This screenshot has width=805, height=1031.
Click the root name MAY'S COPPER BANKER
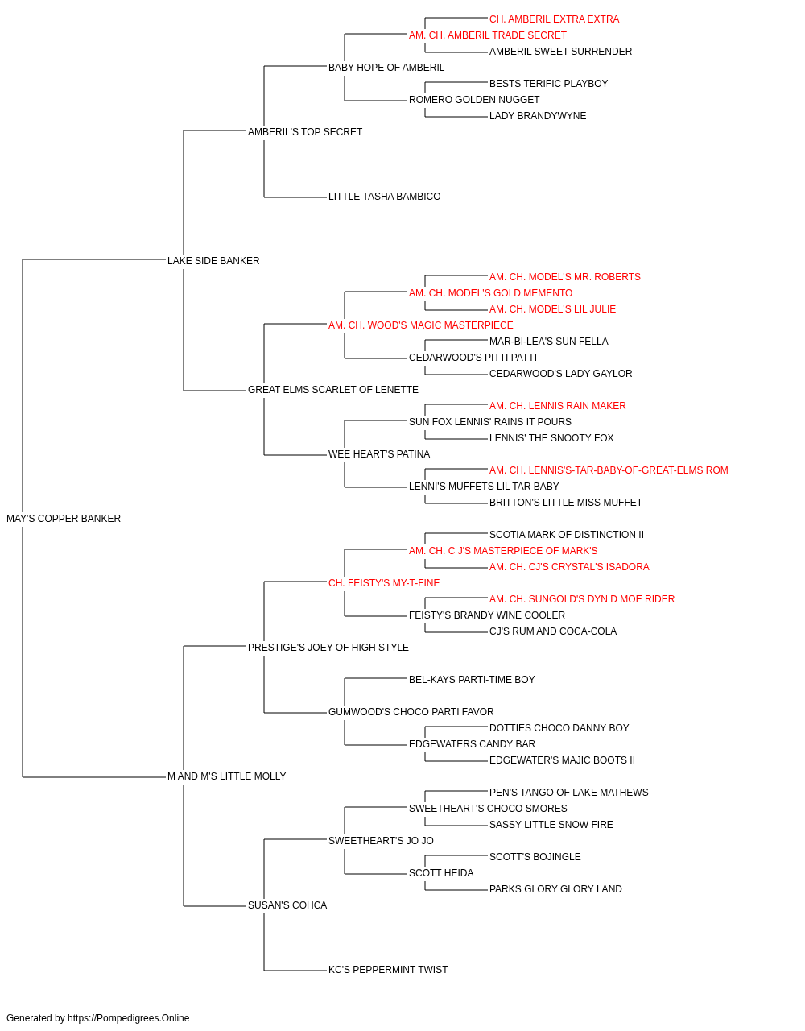pyautogui.click(x=64, y=519)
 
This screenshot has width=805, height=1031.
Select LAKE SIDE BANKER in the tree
pyautogui.click(x=213, y=261)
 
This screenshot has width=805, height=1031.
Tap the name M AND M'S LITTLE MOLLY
pyautogui.click(x=227, y=776)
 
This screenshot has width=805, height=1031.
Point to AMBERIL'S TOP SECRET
pyautogui.click(x=305, y=132)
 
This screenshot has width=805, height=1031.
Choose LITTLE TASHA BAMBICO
pyautogui.click(x=385, y=197)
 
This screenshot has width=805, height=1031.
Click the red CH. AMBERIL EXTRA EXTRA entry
pyautogui.click(x=554, y=19)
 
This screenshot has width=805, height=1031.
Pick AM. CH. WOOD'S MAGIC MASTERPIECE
pyautogui.click(x=420, y=325)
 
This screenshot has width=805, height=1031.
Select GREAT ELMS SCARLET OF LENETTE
pyautogui.click(x=332, y=390)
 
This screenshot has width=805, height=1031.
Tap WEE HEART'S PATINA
pyautogui.click(x=379, y=454)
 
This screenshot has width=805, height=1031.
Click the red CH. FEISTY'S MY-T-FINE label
pyautogui.click(x=384, y=583)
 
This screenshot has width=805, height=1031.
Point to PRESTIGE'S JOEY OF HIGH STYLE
pyautogui.click(x=328, y=648)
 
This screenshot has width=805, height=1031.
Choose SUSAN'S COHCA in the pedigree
pyautogui.click(x=287, y=905)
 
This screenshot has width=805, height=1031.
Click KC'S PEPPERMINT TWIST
pyautogui.click(x=388, y=970)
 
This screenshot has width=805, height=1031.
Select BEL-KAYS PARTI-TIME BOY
pyautogui.click(x=472, y=680)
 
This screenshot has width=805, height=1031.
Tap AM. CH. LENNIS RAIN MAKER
pyautogui.click(x=558, y=406)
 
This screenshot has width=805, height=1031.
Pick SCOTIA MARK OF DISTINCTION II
pyautogui.click(x=567, y=535)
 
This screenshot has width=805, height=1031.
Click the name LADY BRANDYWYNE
pyautogui.click(x=538, y=116)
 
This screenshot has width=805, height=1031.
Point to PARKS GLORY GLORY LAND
pyautogui.click(x=555, y=889)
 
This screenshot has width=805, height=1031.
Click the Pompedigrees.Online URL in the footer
pyautogui.click(x=129, y=1018)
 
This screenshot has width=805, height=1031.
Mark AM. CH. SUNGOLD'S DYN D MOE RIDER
pyautogui.click(x=582, y=599)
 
